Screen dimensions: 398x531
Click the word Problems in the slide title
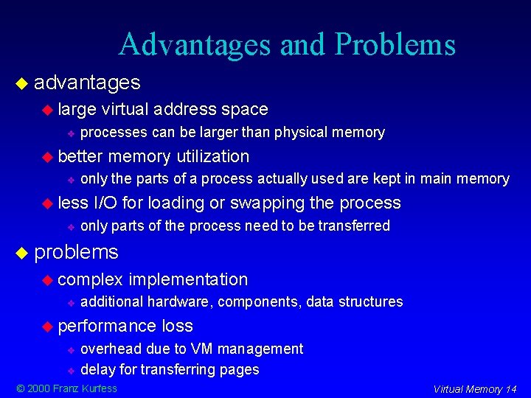(x=395, y=45)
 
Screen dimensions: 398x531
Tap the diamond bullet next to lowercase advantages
(x=21, y=83)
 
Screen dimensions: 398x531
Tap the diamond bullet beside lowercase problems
(x=21, y=253)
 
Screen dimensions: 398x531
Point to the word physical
(x=302, y=133)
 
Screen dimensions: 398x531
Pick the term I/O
(x=105, y=203)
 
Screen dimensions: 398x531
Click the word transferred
(x=355, y=226)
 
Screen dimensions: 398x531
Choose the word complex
(x=90, y=280)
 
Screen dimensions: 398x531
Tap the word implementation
(x=188, y=279)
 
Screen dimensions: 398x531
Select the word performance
(x=107, y=327)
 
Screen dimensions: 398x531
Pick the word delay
(x=96, y=369)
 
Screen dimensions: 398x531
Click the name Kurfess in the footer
(x=98, y=388)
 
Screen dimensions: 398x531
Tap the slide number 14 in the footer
(x=510, y=389)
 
